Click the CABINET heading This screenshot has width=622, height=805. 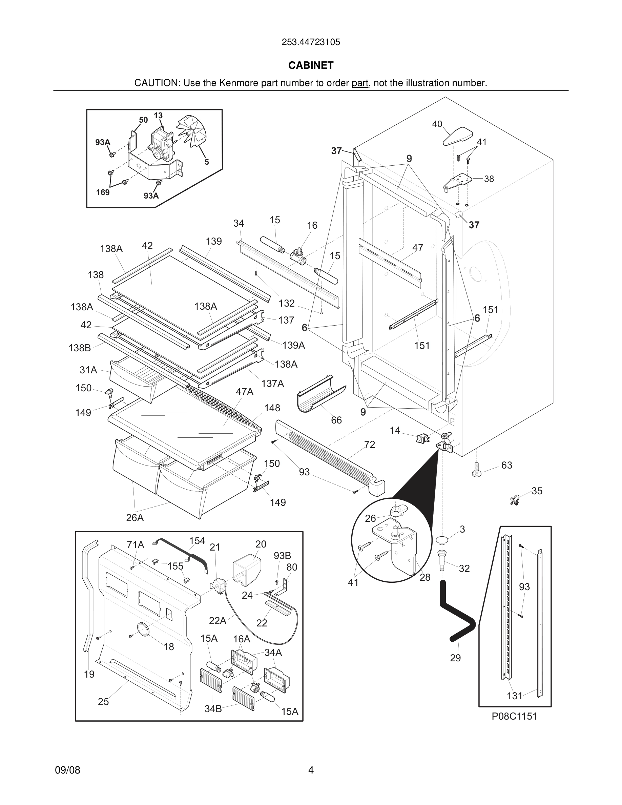311,65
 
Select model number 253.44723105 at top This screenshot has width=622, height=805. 311,42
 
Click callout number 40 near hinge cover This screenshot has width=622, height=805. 437,124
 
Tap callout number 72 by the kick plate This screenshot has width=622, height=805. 369,445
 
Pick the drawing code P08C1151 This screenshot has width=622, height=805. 514,716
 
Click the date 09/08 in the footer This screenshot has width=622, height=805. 67,770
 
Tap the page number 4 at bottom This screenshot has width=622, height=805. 311,770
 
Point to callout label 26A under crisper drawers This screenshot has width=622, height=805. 135,517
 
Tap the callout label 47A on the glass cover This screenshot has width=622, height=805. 245,391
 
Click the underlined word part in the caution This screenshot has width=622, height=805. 360,83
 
